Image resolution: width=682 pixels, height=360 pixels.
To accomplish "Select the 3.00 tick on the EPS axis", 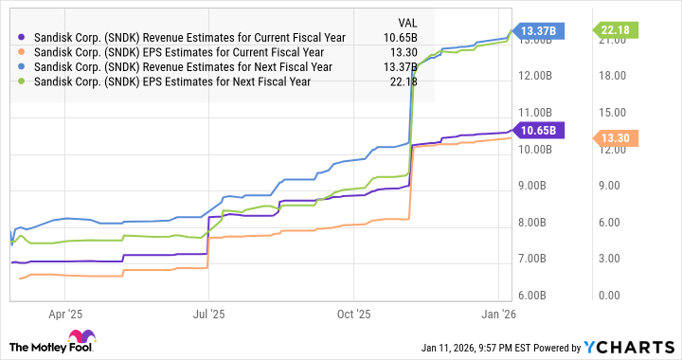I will (x=614, y=259).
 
